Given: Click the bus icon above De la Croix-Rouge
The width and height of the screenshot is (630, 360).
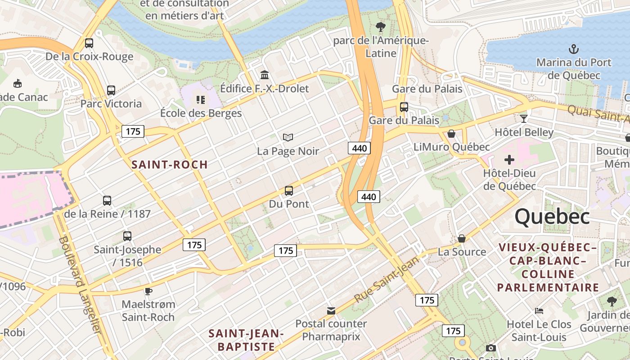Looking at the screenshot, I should click(89, 43).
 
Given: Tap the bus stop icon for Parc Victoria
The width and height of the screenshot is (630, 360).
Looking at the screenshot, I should click(111, 90).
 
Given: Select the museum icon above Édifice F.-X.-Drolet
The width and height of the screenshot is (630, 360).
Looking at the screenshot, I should click(265, 75).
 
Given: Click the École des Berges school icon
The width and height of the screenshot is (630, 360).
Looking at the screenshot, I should click(201, 99).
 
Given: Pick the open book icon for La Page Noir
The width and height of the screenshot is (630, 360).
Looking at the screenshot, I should click(288, 137).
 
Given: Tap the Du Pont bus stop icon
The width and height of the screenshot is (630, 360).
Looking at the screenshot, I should click(289, 191).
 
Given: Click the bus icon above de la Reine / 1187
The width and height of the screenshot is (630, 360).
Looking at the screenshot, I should click(107, 201).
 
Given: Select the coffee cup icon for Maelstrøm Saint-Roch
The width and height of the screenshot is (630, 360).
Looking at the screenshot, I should click(148, 291).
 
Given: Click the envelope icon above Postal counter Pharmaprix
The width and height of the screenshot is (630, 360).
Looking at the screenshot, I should click(331, 310).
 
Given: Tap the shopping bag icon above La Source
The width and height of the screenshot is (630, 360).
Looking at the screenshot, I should click(462, 238).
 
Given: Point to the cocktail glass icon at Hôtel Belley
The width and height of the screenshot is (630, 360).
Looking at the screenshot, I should click(524, 119).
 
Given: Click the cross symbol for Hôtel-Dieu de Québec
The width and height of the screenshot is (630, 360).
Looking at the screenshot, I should click(509, 160).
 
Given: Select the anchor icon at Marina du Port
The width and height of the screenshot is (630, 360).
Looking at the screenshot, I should click(574, 49).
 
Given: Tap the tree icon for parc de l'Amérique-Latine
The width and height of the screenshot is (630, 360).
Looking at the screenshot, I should click(381, 27).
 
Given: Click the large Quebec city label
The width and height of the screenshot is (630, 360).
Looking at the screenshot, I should click(552, 216).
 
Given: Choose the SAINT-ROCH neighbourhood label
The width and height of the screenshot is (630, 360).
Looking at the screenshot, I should click(170, 165).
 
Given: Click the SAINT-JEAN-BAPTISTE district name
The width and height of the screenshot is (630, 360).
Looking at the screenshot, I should click(246, 340).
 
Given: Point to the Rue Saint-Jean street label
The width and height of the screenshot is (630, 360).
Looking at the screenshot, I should click(387, 279).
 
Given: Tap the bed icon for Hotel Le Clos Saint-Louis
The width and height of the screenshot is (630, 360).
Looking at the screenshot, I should click(539, 311).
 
